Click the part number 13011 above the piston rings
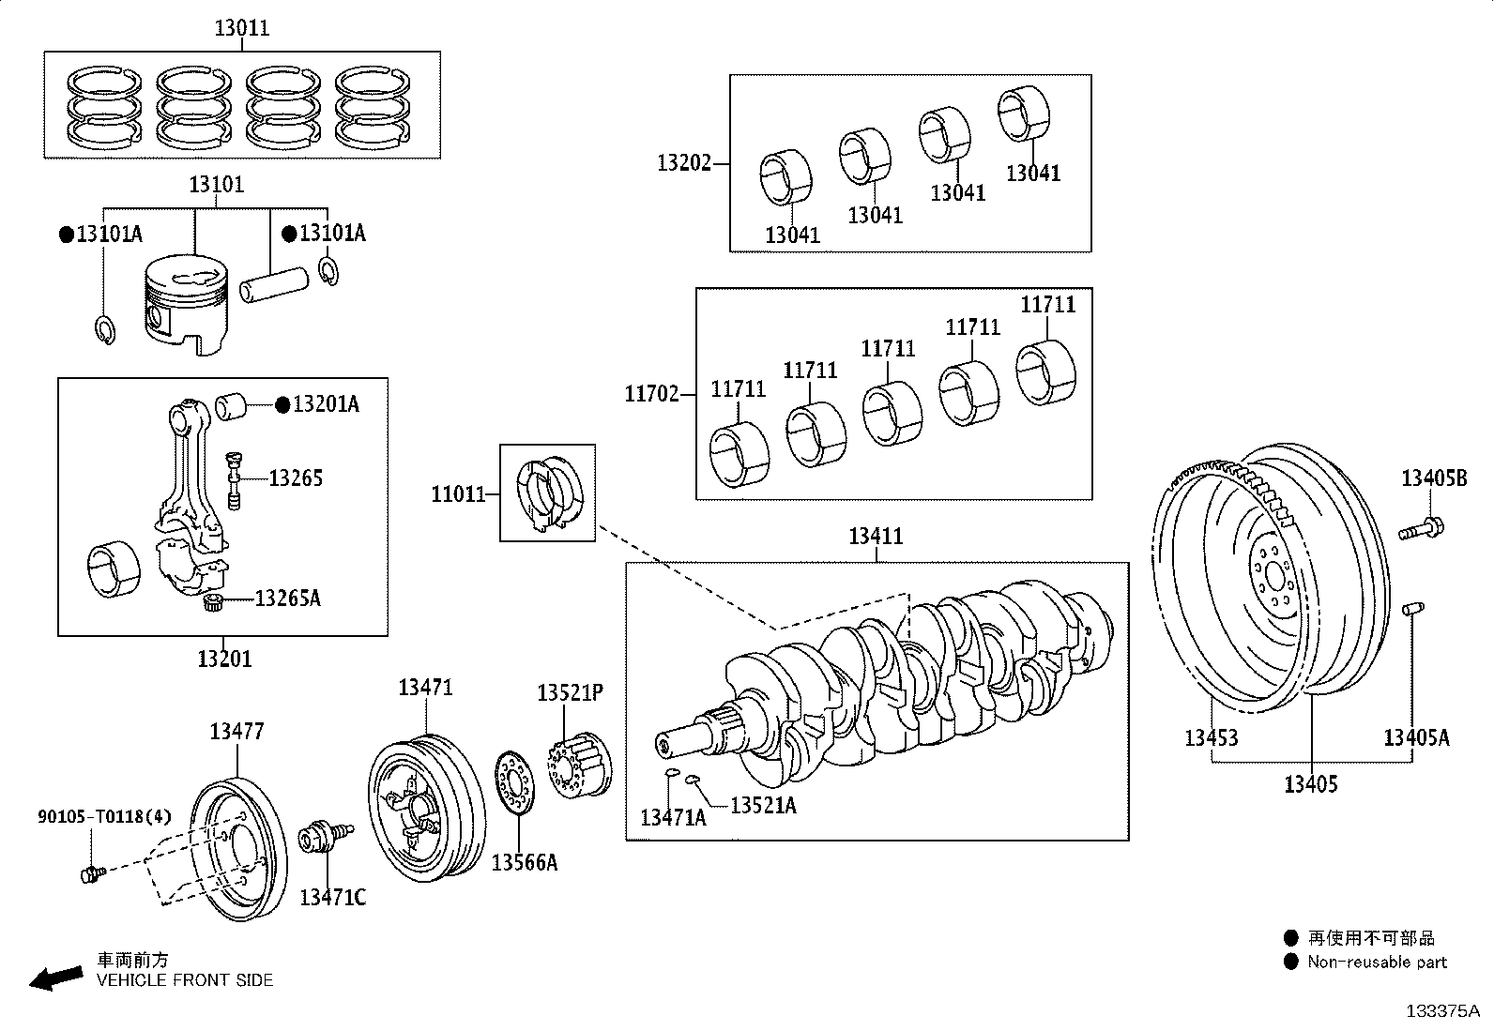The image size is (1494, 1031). tap(242, 28)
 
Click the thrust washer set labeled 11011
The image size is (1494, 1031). tap(548, 493)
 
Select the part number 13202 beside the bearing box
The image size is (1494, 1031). tap(684, 163)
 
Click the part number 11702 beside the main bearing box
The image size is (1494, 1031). tap(651, 394)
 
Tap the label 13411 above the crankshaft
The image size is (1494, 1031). tap(876, 537)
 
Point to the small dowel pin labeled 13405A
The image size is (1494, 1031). tap(1410, 611)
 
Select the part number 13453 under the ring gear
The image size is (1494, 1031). tap(1211, 737)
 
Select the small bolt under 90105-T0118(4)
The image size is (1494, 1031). tap(92, 874)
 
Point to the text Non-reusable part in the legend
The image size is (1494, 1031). tap(1377, 962)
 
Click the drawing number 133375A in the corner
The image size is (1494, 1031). tap(1441, 1011)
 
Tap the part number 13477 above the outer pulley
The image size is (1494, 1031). tap(236, 731)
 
